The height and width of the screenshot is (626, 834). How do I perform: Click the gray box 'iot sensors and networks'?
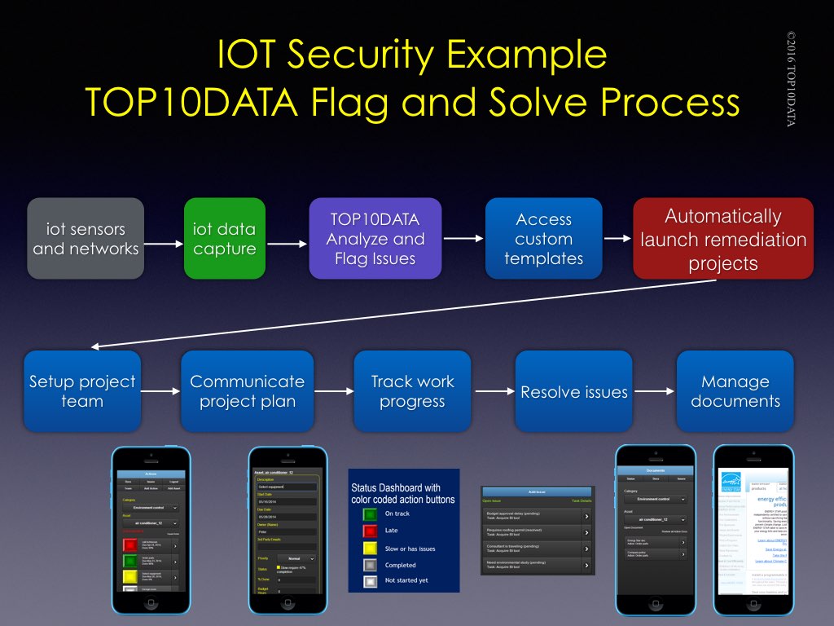pos(86,239)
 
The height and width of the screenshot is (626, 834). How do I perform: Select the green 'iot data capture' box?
pos(225,239)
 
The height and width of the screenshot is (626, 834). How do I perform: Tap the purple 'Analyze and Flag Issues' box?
pos(375,239)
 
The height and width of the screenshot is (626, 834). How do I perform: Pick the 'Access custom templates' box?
pos(543,239)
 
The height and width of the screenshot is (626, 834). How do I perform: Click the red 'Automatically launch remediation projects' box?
pos(723,239)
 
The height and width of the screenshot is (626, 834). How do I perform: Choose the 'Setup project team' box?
pos(82,391)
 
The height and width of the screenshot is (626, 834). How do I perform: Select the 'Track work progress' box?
pos(412,391)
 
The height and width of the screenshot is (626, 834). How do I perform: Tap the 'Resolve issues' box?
pos(573,391)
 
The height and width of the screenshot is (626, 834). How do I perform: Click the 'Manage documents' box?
pos(735,391)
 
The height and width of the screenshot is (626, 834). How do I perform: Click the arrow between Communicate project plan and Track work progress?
pos(334,392)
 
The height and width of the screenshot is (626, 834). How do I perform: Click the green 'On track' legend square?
pos(370,514)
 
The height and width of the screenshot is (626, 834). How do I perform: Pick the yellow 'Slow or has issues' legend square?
pos(370,548)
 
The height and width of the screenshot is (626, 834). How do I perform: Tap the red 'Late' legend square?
pos(370,531)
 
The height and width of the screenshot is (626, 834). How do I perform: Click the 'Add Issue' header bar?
pos(538,492)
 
